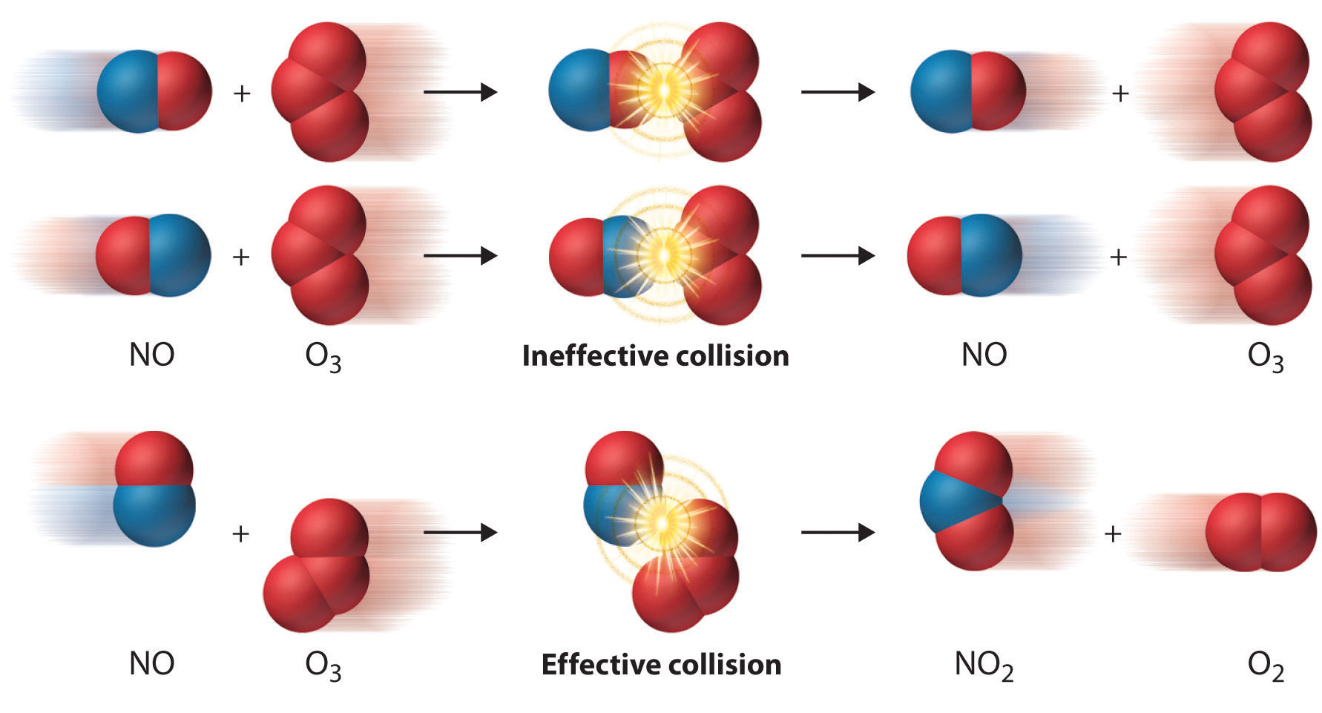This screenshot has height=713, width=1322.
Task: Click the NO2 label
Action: click(x=984, y=665)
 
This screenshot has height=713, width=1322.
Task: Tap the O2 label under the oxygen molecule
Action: click(x=1265, y=665)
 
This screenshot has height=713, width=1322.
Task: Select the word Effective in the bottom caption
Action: click(x=598, y=665)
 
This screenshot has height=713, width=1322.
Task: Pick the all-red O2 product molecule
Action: click(x=1260, y=532)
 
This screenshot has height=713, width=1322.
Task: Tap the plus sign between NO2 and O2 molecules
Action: click(x=1112, y=533)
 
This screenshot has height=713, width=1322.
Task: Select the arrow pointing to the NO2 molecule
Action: click(x=838, y=532)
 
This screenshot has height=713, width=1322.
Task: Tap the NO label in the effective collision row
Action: click(x=151, y=663)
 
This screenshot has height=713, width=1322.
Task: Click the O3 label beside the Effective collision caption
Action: click(x=323, y=665)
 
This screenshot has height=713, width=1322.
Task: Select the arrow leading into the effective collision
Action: click(x=460, y=532)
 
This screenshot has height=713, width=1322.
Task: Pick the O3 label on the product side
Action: click(x=1265, y=357)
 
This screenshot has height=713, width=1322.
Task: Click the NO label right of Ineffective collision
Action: click(x=984, y=355)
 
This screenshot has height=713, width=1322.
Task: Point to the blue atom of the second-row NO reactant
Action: click(x=178, y=256)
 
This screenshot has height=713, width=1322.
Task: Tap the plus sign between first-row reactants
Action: click(x=241, y=93)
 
